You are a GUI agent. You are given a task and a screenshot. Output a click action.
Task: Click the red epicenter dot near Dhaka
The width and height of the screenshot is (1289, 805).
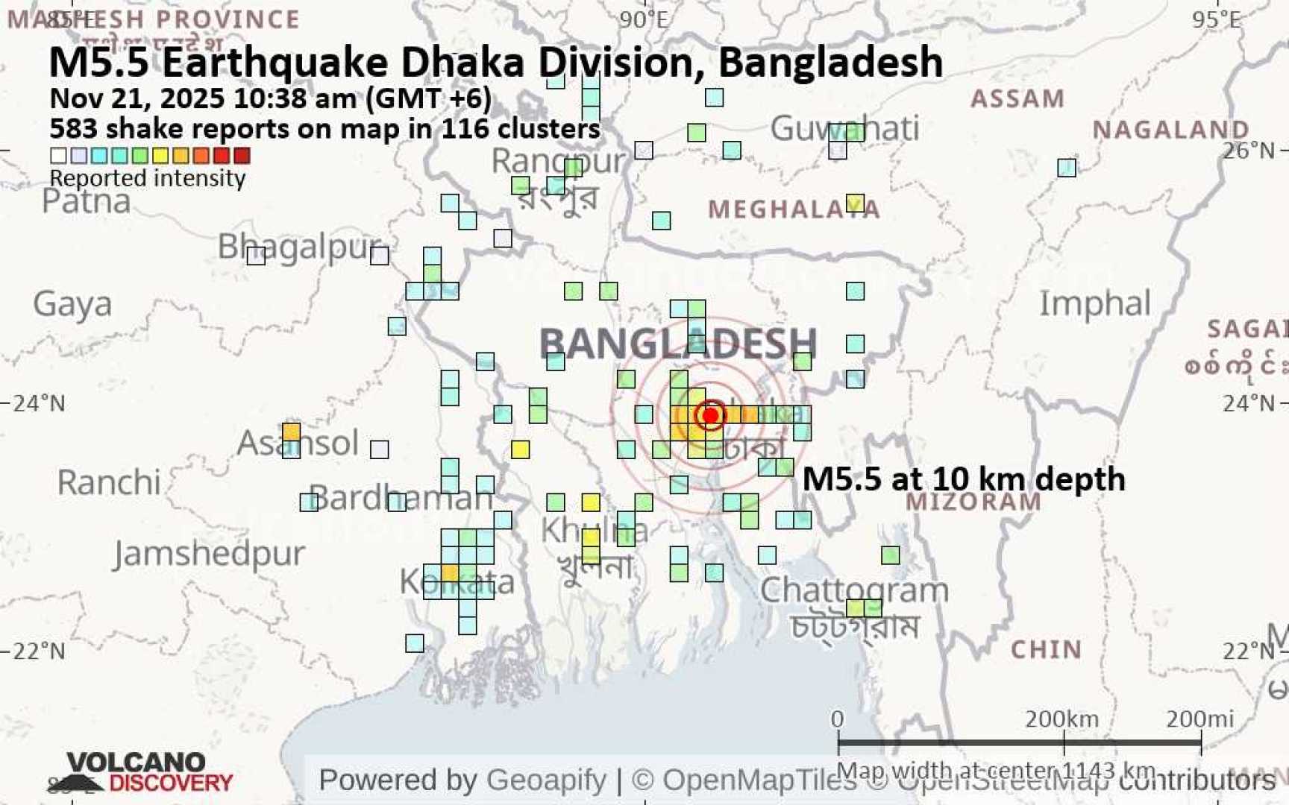pos(710,415)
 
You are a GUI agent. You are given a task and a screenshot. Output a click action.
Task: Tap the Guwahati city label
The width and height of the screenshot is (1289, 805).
pos(844,128)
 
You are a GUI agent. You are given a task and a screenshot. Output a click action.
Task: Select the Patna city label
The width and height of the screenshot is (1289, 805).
pos(87,201)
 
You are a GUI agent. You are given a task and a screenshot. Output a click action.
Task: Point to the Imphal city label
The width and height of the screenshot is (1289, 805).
pos(1095,303)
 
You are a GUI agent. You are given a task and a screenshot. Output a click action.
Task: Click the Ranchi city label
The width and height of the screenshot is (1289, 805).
pos(109,482)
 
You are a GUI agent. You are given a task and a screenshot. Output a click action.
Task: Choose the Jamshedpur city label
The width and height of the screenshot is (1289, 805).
pos(210,553)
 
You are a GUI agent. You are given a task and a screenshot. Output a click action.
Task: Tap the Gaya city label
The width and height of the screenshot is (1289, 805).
pos(72,303)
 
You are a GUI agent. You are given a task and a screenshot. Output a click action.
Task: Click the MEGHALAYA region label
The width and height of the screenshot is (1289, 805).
pos(794,209)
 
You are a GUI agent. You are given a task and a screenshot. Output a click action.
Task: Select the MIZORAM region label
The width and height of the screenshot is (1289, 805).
pos(973,502)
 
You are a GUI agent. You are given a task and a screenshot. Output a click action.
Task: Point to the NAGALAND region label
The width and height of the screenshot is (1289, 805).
pos(1170,130)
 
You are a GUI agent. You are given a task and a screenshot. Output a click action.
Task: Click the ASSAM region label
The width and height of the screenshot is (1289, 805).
pos(1017,98)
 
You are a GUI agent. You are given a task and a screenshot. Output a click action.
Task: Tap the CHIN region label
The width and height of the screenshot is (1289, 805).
pos(1046,649)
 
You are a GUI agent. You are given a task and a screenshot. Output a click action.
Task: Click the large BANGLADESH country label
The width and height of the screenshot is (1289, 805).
pos(677,344)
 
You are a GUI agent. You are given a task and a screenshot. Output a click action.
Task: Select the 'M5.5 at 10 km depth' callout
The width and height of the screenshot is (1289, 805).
pos(964,479)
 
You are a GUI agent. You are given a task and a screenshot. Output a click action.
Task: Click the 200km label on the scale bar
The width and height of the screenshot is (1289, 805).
pos(1061,719)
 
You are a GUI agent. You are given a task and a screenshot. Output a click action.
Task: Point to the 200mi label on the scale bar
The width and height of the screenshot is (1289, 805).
pos(1199,719)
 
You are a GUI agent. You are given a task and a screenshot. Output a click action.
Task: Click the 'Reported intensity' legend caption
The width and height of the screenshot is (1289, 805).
pos(148,178)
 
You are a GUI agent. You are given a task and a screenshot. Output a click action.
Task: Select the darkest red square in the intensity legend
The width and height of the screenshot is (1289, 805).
pos(242,155)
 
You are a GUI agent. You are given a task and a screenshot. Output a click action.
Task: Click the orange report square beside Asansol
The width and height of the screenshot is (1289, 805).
pos(291,432)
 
